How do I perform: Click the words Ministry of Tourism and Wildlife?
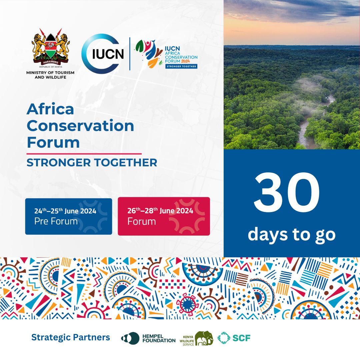coord(50,75)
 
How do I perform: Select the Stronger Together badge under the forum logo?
coord(181,66)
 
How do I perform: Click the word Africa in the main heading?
coord(50,109)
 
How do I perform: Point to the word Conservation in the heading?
coord(80,126)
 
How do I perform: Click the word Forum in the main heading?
coord(53,142)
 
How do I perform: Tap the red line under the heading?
coord(84,154)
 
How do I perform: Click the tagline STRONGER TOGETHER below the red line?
coord(92,163)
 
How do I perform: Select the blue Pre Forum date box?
coord(69,217)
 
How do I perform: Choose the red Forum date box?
coord(164,217)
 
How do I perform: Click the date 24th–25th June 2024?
coord(65,211)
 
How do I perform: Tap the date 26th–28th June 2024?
coord(160,211)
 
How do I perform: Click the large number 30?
coord(287,195)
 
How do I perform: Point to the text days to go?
coord(291,234)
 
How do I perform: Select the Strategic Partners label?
coord(71,337)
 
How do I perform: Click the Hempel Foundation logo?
coord(148,338)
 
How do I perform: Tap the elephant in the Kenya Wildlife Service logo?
coord(204,338)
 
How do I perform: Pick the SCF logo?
coord(234,338)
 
